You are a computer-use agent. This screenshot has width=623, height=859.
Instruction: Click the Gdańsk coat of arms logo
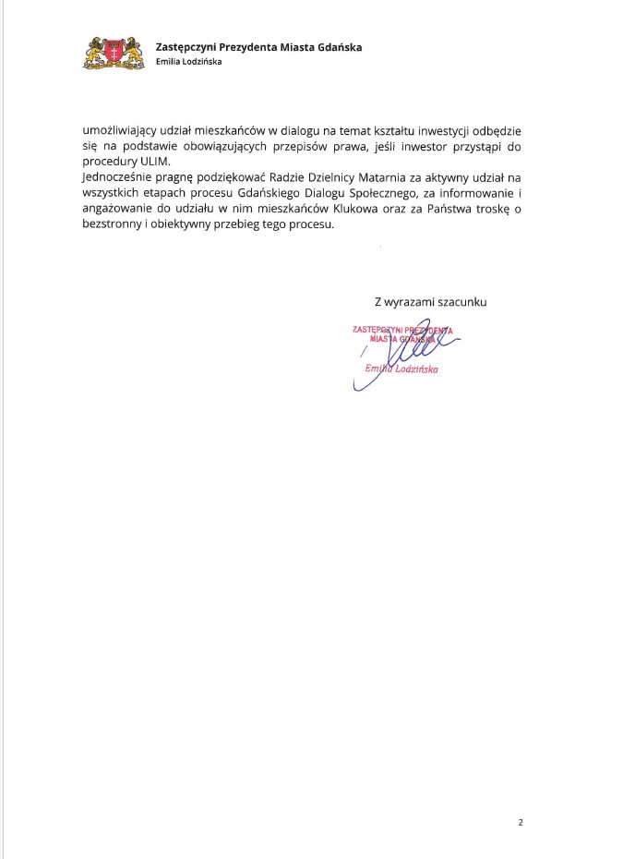tap(114, 53)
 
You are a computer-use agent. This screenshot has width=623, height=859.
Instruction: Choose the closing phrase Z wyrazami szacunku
tap(430, 301)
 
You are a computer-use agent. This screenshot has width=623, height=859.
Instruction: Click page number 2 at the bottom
tap(521, 821)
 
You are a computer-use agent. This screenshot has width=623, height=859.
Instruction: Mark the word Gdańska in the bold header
tap(337, 47)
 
